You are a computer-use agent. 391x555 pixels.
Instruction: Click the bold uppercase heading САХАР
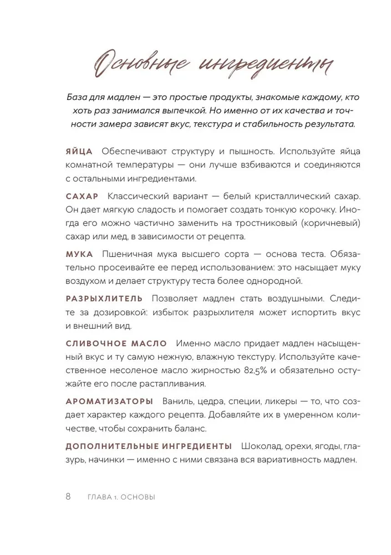coord(82,196)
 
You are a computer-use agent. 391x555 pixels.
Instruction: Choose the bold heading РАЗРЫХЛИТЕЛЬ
coord(104,298)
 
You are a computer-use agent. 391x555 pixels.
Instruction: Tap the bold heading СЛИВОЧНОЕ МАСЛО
coord(113,342)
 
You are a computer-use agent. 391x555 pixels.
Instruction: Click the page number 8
coord(68,497)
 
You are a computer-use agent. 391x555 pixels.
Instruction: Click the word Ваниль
coord(177,401)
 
